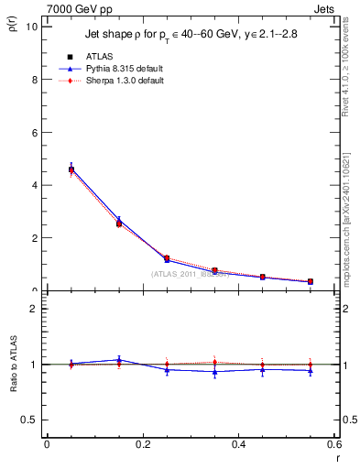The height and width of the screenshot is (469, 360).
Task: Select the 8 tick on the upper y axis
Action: pos(34,80)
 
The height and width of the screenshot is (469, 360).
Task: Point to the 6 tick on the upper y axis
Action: pos(34,133)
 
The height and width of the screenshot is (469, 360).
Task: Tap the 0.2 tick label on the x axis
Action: pos(142,444)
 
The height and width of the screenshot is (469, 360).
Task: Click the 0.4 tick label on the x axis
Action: pos(238,444)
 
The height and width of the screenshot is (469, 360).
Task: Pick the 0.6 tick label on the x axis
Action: pos(334,444)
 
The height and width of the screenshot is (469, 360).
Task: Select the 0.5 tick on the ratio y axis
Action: pos(30,420)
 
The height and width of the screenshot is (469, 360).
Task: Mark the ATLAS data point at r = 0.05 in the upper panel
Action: pos(71,169)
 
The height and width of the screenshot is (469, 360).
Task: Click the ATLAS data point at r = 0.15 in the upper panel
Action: pos(118,224)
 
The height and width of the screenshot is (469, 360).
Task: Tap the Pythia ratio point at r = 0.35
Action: pos(214,371)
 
